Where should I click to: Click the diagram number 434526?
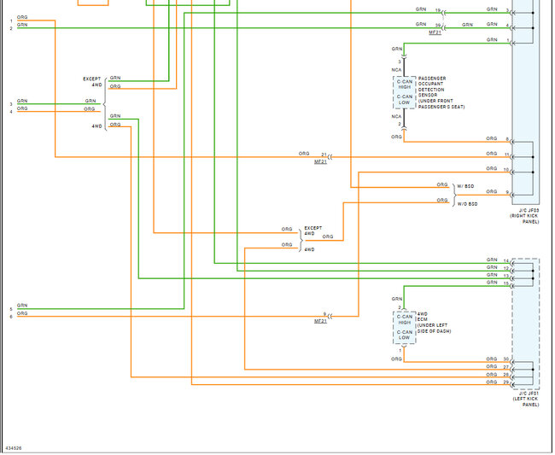point(14,447)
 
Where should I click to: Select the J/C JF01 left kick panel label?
point(526,398)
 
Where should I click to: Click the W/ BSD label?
point(467,185)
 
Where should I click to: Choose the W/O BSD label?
point(468,203)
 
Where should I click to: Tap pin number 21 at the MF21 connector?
point(324,155)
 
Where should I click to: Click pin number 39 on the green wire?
point(437,26)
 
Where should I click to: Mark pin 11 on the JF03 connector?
point(506,155)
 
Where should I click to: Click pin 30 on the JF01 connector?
point(506,359)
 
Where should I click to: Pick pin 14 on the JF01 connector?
point(506,260)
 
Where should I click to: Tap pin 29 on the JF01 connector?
point(506,382)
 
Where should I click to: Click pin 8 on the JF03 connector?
point(506,139)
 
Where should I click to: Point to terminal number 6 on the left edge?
point(11,317)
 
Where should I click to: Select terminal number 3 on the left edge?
point(11,104)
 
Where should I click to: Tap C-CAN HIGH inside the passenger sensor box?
point(405,85)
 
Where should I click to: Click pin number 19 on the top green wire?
point(437,10)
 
